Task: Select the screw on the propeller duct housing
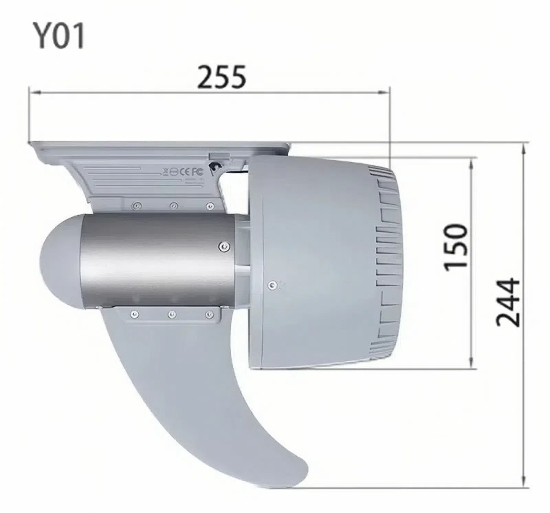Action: pos(273,284)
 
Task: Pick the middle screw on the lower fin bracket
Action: pos(172,314)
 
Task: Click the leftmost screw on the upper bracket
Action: pos(137,206)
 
